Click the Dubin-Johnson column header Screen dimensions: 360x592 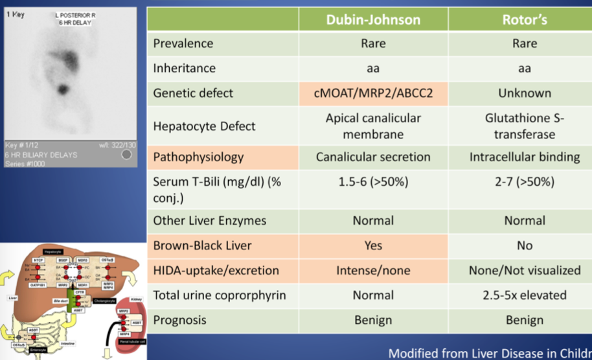click(x=373, y=19)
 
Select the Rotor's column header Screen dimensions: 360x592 click(x=524, y=19)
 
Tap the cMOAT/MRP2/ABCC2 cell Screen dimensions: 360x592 click(x=373, y=93)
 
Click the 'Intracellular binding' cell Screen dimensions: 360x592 click(x=524, y=157)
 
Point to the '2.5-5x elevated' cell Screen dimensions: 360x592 click(x=524, y=295)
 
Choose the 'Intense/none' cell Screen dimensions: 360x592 click(x=373, y=270)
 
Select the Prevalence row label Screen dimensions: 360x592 click(x=184, y=43)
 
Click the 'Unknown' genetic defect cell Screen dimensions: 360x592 click(x=524, y=93)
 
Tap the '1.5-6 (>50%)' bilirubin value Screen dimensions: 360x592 click(x=373, y=181)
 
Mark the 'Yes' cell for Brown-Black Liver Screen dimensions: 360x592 click(x=373, y=245)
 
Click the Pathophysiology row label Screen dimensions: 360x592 click(x=198, y=157)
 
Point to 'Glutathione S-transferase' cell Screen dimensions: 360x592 click(x=524, y=126)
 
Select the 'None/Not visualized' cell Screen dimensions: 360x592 click(x=524, y=270)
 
